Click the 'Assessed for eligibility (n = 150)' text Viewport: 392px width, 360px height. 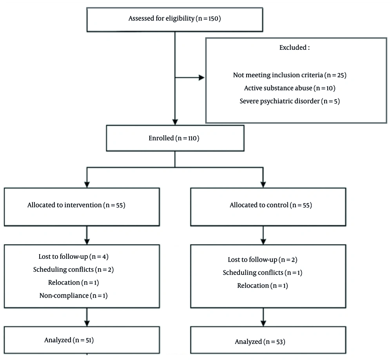coord(175,18)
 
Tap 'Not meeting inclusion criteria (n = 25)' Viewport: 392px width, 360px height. coord(289,75)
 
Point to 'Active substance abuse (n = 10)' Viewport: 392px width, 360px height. coord(289,88)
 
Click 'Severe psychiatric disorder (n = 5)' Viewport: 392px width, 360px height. coord(289,101)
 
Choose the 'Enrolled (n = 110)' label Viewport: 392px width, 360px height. coord(175,138)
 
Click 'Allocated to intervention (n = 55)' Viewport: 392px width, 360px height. coord(76,205)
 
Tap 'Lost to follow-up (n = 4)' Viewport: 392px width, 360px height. coord(74,257)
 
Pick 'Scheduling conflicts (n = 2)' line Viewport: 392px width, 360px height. coord(74,270)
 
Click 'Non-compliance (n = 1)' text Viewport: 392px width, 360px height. coord(74,295)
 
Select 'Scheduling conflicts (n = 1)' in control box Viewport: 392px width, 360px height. coord(263,273)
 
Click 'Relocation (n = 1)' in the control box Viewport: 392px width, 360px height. coord(263,285)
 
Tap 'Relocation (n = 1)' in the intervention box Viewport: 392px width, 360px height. coord(74,282)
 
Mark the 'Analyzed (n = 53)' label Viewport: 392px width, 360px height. coord(260,342)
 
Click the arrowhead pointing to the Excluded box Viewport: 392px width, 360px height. coord(202,78)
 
